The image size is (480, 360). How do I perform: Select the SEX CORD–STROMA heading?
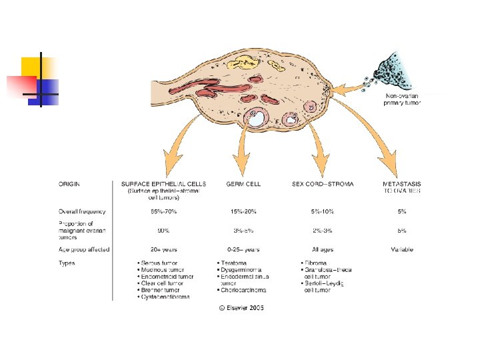(x=323, y=184)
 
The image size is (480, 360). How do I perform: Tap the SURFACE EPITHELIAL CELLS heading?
(x=163, y=184)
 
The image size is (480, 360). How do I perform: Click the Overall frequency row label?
(x=82, y=211)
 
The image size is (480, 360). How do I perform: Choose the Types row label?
(x=67, y=263)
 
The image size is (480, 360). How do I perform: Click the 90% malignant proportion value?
(x=163, y=231)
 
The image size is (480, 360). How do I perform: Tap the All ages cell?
(x=323, y=249)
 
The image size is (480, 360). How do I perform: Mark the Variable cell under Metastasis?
(x=402, y=249)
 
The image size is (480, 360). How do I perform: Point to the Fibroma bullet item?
(x=316, y=263)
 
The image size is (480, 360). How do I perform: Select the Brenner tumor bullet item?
(x=164, y=290)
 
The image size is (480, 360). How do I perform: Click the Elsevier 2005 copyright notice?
(x=241, y=308)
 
